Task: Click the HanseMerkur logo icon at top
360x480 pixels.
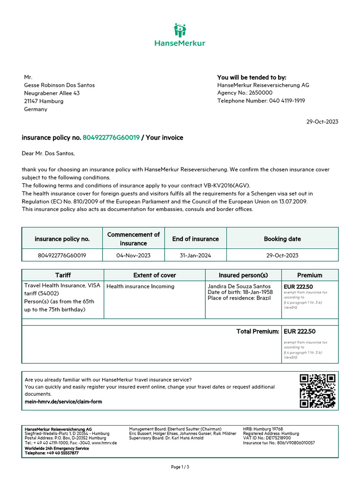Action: click(180, 30)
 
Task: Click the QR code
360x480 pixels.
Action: click(317, 391)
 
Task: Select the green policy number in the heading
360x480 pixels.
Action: click(111, 138)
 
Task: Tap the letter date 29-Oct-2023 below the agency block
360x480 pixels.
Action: click(322, 121)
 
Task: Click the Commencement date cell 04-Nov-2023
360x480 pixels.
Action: click(134, 255)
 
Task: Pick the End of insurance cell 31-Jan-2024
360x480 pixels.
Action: click(195, 255)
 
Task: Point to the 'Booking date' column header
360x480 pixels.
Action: click(282, 239)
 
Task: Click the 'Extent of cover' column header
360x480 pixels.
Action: click(155, 275)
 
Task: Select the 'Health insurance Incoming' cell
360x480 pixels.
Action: click(141, 286)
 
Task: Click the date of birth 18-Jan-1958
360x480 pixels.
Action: click(256, 292)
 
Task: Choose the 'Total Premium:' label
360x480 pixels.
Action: click(257, 331)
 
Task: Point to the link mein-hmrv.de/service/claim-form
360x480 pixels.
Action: click(63, 402)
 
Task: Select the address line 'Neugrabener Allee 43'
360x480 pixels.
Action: click(52, 93)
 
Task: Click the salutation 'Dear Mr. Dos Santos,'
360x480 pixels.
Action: click(48, 153)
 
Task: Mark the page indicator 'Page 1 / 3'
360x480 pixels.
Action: click(180, 467)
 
